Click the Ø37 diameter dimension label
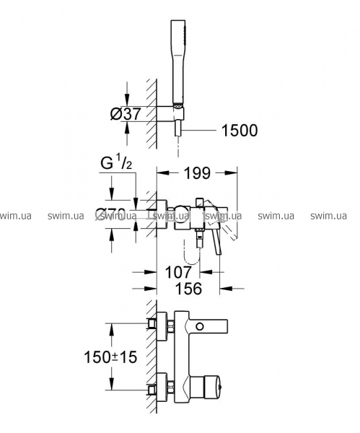tap(126, 113)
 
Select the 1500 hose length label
tap(240, 131)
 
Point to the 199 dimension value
tap(197, 173)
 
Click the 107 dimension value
tap(178, 272)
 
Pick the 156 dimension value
tap(189, 289)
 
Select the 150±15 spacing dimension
tap(110, 357)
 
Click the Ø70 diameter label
tap(110, 214)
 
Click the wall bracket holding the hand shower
tap(170, 113)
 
